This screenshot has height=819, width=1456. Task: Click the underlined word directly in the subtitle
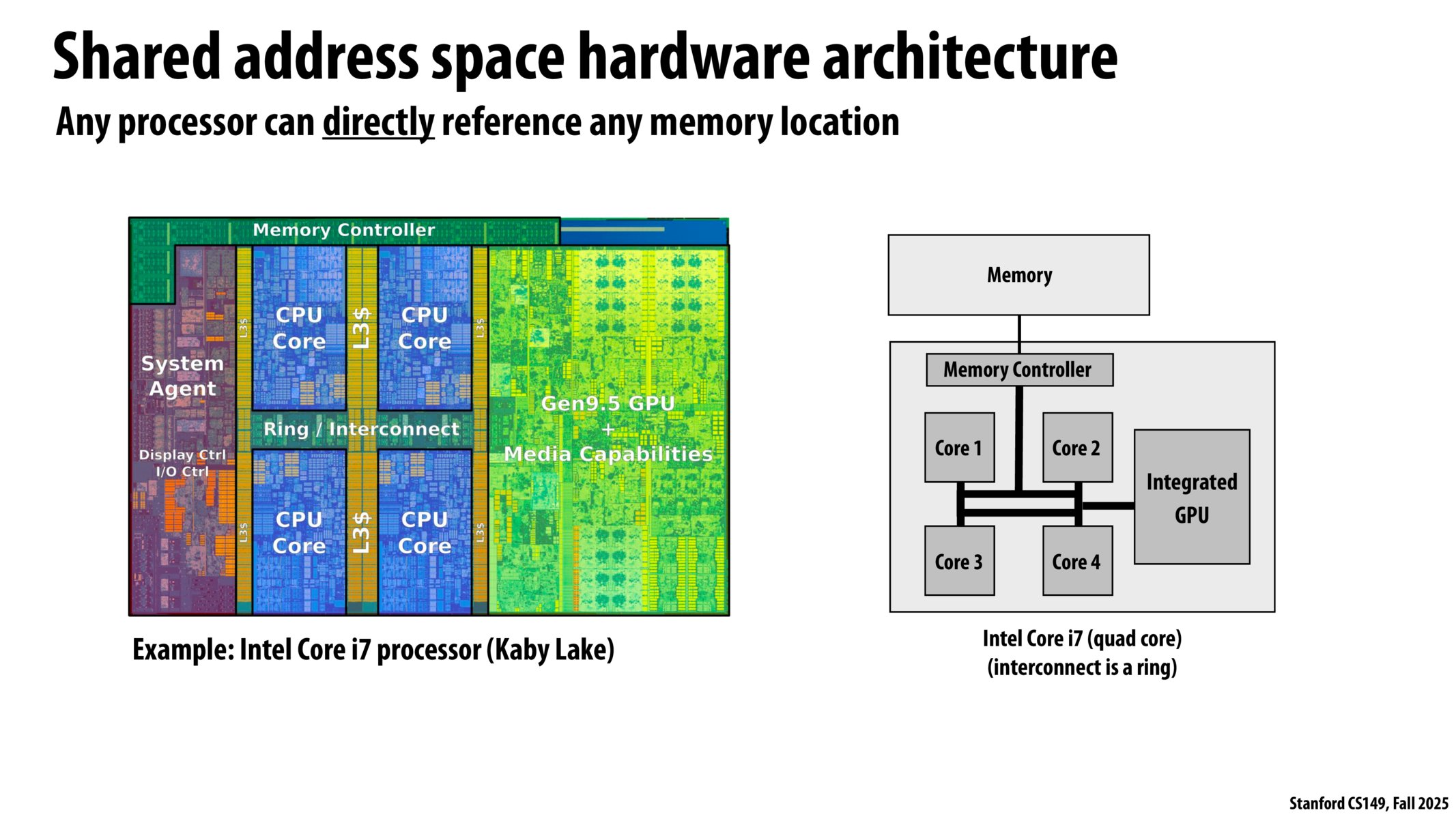coord(378,123)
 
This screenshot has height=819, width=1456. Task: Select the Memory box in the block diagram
coord(1018,275)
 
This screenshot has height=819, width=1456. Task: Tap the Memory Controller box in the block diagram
coord(1018,370)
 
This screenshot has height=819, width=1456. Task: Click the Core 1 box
coord(959,448)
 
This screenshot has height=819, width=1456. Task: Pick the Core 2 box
coord(1077,448)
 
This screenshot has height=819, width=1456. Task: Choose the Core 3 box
coord(959,561)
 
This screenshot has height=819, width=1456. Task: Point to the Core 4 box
coord(1077,561)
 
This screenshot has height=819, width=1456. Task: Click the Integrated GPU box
coord(1192,497)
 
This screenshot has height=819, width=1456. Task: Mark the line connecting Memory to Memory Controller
coord(1019,334)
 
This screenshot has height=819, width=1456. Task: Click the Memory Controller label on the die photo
coord(343,230)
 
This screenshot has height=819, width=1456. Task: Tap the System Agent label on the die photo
coord(182,376)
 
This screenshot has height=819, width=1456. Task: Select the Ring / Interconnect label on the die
coord(361,429)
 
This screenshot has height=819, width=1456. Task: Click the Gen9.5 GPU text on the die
coord(608,403)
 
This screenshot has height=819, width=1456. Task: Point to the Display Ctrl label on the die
coord(182,455)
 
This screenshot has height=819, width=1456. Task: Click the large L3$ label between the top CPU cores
coord(362,328)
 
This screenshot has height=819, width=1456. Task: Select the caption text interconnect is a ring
coord(1082,667)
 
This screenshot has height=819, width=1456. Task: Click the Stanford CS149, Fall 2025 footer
coord(1368,803)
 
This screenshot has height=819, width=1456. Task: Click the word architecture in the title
coord(969,58)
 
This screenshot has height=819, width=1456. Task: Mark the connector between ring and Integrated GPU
coord(1107,506)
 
